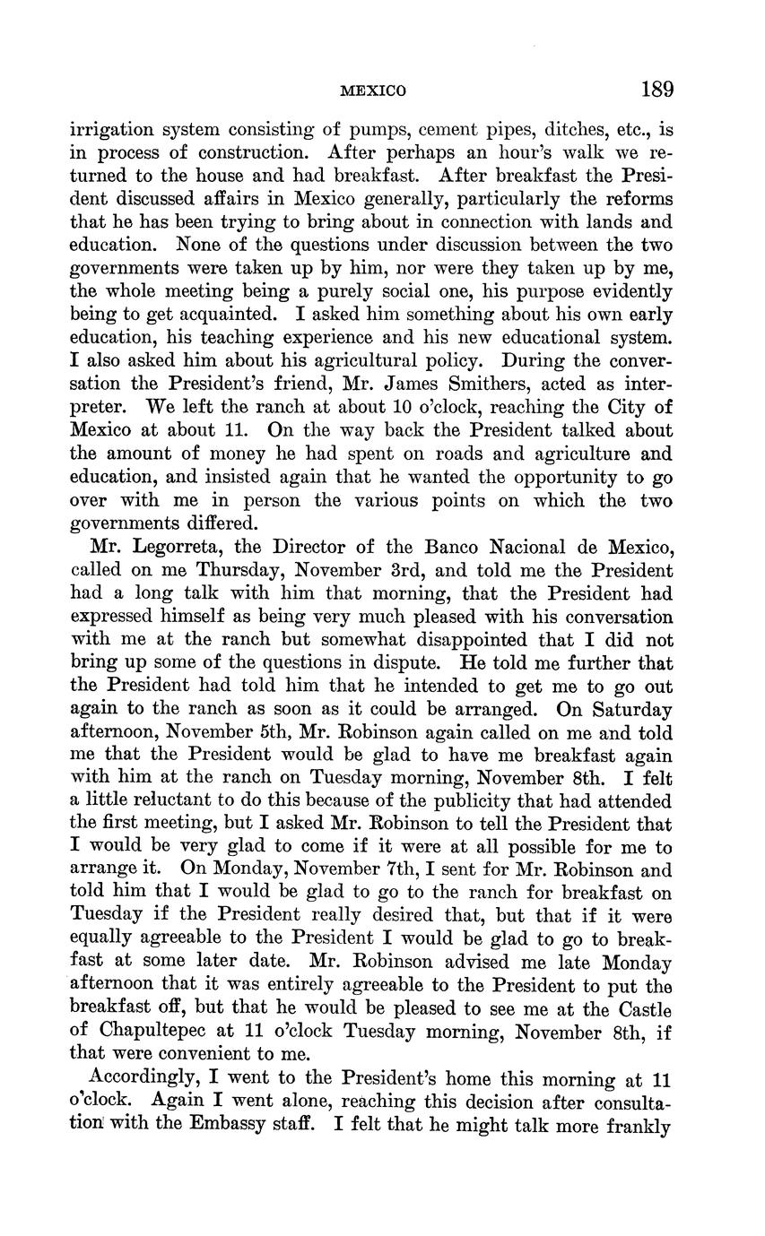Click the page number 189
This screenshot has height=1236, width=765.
point(657,90)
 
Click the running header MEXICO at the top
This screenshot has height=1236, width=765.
point(374,91)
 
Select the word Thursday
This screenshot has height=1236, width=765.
point(204,571)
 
